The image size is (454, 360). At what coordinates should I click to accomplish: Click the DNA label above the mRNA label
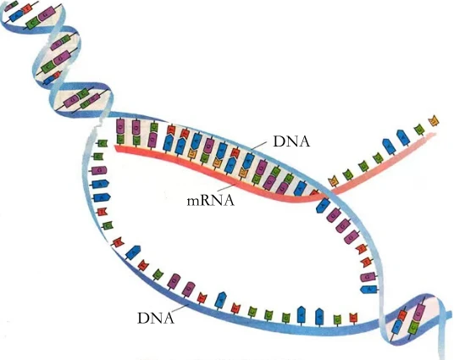tap(291, 141)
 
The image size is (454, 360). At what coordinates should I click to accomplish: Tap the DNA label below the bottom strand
tap(156, 318)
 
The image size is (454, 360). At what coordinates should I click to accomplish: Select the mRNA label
tap(211, 200)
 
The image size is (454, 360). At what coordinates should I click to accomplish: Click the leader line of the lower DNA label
tap(181, 308)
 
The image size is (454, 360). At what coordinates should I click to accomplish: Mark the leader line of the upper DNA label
tap(258, 146)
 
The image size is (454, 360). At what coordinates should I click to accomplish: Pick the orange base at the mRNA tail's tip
tap(434, 120)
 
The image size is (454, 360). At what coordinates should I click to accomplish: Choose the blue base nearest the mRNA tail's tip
tap(403, 137)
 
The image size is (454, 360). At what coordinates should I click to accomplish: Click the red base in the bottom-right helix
tap(402, 315)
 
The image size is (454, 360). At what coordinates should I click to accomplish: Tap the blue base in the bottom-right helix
tap(396, 326)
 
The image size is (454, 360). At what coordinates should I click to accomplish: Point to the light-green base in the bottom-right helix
tap(413, 326)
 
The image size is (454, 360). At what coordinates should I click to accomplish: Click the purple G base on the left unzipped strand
tap(99, 170)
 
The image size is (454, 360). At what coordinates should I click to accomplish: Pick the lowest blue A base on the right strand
tap(368, 289)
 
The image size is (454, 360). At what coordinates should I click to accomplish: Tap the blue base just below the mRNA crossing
tap(323, 205)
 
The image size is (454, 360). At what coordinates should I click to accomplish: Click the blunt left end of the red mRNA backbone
tap(116, 148)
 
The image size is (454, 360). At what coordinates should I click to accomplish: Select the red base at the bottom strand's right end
tap(353, 318)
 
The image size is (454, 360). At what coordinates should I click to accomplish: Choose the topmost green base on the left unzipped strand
tap(102, 143)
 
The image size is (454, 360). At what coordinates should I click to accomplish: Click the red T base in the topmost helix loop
tap(27, 9)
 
